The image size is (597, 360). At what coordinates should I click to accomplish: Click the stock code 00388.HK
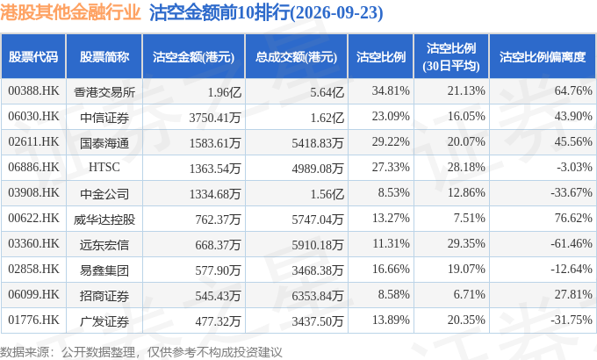[33, 91]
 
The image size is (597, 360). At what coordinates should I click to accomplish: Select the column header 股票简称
[104, 57]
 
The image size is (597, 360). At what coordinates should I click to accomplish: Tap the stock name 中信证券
[104, 118]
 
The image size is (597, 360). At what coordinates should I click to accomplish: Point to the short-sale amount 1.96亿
[224, 92]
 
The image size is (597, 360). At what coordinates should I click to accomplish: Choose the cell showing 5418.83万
[318, 143]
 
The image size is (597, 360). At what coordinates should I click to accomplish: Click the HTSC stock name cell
[104, 167]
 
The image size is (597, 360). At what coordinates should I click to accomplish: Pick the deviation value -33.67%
[572, 192]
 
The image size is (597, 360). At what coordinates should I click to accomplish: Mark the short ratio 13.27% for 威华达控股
[391, 218]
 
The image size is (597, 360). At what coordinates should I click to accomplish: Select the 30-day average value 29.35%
[466, 243]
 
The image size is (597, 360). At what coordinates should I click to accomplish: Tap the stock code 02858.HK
[33, 269]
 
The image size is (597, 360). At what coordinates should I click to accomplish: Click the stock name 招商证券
[104, 296]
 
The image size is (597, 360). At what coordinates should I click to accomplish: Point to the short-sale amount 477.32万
[218, 321]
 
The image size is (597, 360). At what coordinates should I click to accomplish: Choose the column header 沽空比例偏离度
[543, 57]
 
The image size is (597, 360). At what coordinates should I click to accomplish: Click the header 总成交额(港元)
[296, 57]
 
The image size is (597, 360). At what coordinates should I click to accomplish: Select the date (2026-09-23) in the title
[336, 12]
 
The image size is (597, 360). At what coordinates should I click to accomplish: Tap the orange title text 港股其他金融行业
[70, 12]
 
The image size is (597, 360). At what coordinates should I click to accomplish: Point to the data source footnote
[141, 351]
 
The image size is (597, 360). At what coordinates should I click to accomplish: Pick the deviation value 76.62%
[573, 218]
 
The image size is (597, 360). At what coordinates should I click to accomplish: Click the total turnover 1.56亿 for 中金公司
[327, 194]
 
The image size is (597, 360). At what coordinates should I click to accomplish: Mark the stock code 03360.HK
[33, 243]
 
